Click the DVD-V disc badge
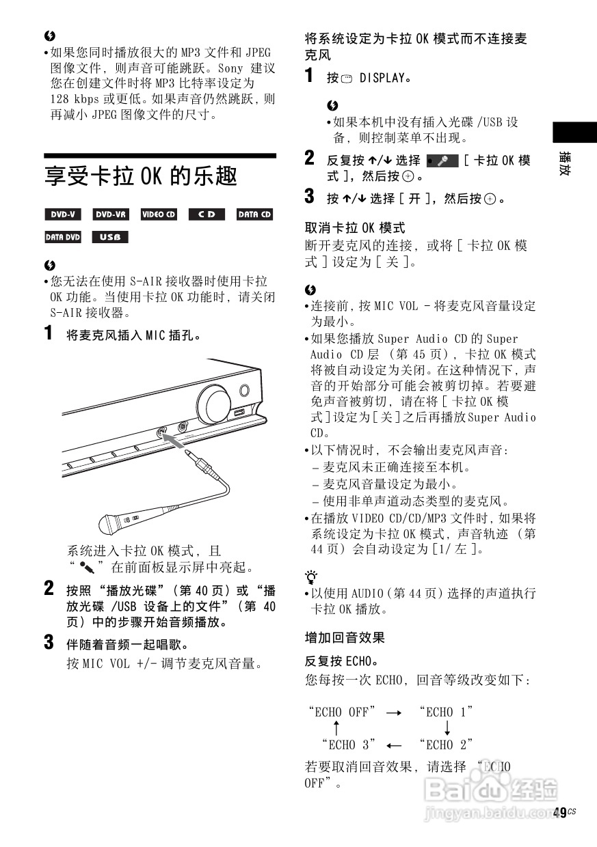click(63, 214)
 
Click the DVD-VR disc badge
click(111, 214)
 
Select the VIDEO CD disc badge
click(159, 214)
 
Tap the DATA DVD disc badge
click(63, 238)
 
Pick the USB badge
click(110, 238)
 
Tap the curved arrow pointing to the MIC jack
click(176, 443)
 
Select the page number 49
click(560, 812)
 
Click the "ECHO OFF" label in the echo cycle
click(342, 712)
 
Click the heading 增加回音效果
click(345, 638)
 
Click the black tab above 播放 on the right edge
click(570, 132)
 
